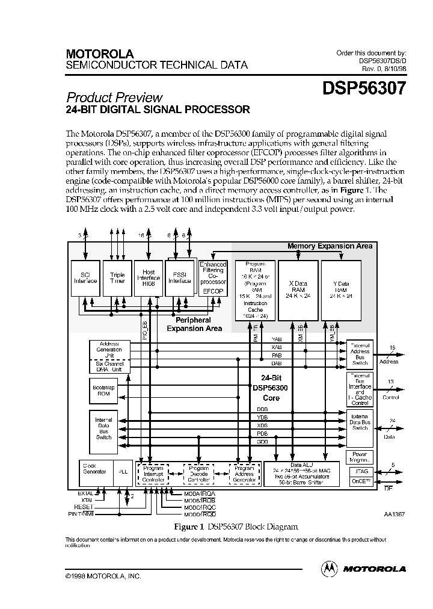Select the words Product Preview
click(114, 97)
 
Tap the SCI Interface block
click(85, 278)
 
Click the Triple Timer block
click(117, 278)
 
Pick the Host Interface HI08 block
click(149, 278)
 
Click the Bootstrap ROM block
click(104, 391)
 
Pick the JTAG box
click(362, 472)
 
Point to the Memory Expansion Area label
click(330, 246)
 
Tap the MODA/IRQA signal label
click(200, 493)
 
